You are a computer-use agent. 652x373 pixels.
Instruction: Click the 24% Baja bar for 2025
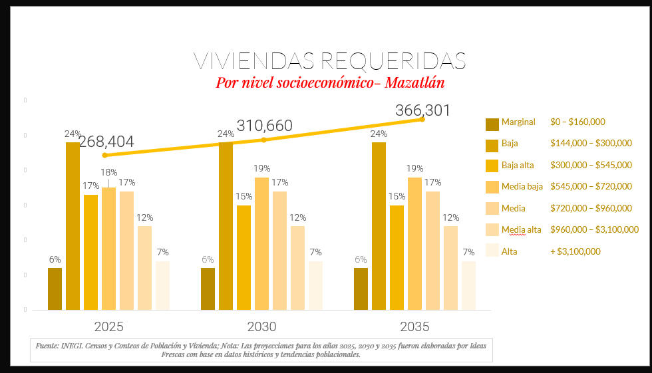(x=73, y=226)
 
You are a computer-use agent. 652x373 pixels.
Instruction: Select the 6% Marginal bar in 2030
(x=208, y=289)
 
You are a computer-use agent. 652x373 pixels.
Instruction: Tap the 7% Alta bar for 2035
(x=468, y=285)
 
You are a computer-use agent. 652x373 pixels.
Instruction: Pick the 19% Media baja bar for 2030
(x=261, y=243)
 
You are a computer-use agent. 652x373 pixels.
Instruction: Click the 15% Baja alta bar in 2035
(x=397, y=257)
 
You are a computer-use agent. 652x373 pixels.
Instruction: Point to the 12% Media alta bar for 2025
(x=145, y=267)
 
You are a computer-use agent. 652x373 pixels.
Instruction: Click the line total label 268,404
(x=106, y=142)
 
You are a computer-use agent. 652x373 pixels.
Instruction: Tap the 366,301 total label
(x=422, y=110)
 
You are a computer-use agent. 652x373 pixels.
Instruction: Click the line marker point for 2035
(x=422, y=120)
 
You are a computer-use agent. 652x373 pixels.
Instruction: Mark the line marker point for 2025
(x=104, y=156)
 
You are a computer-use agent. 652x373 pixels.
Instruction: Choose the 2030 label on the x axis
(x=261, y=327)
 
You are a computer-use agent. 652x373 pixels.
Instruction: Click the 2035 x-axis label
(x=414, y=327)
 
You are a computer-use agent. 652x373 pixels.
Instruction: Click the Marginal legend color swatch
(x=492, y=124)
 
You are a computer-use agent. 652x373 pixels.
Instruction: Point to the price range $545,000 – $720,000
(x=591, y=186)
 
